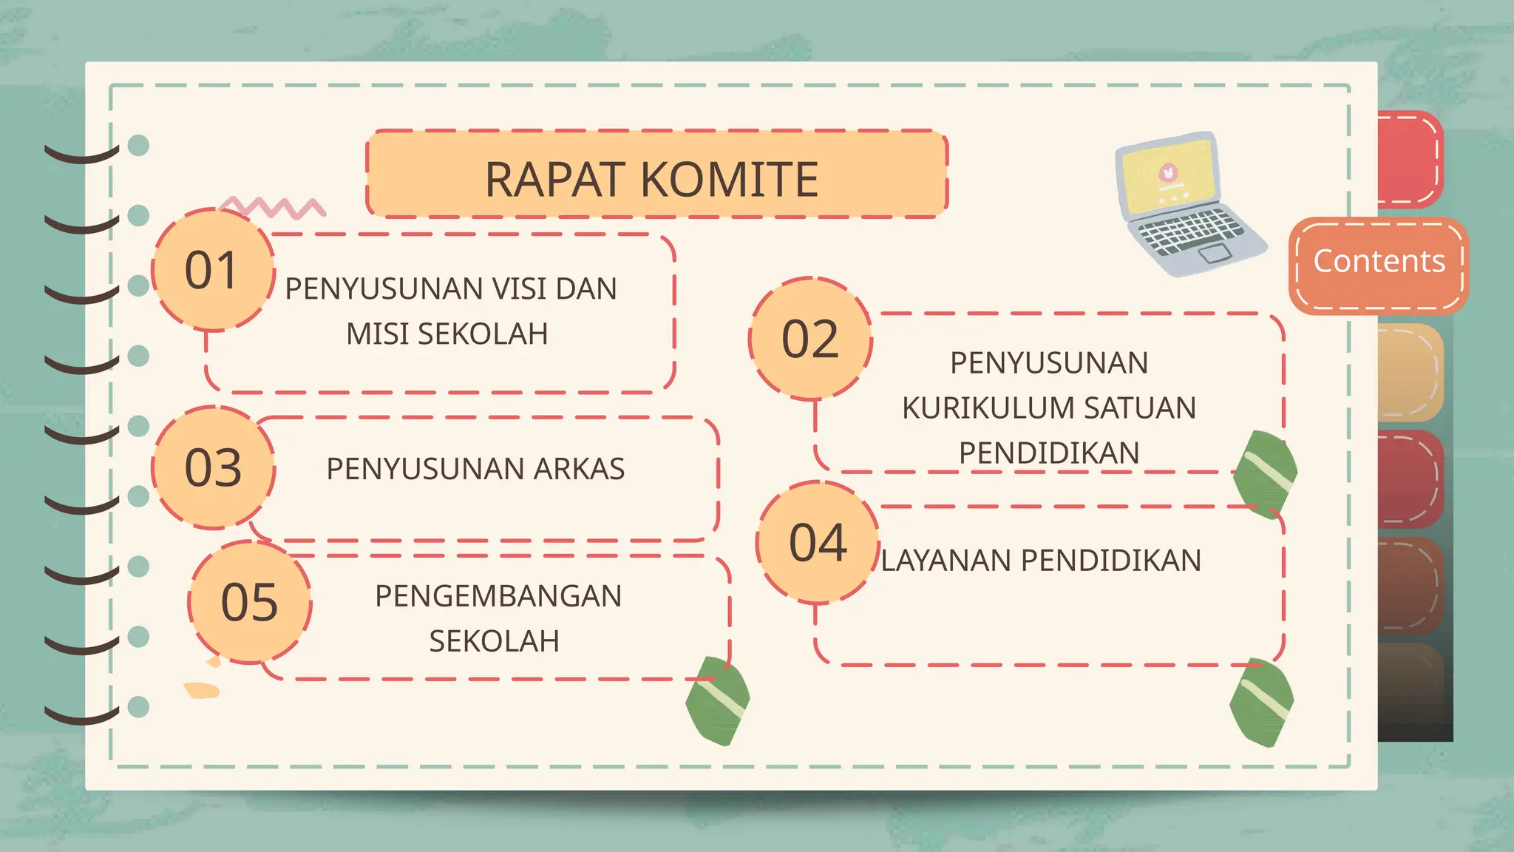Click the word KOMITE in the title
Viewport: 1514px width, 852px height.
729,179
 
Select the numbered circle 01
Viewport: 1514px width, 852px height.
212,270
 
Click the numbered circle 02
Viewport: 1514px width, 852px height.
811,339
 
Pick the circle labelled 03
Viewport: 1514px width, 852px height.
213,467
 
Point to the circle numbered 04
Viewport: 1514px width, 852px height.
818,543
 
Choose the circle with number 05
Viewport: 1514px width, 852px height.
250,602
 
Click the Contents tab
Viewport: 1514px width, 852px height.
1379,262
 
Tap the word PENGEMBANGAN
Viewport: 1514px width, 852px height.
498,596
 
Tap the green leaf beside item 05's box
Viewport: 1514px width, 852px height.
717,700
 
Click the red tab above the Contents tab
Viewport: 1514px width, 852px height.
1408,158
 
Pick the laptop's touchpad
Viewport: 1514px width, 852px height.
1214,254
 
